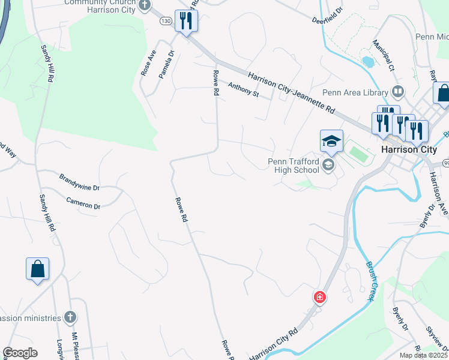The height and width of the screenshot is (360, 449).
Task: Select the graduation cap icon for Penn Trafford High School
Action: click(331, 142)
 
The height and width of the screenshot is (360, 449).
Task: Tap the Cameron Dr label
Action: click(83, 203)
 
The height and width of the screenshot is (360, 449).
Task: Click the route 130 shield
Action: click(166, 21)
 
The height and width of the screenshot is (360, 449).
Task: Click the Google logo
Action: click(20, 353)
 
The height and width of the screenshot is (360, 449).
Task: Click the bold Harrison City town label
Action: click(409, 149)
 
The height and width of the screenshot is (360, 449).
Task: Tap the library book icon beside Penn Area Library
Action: click(397, 92)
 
